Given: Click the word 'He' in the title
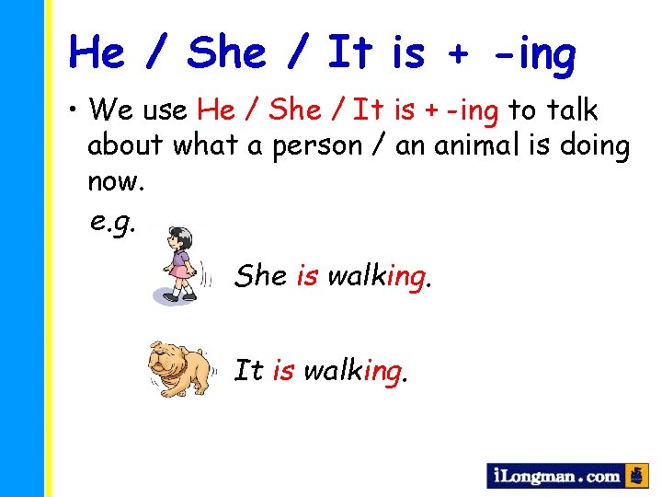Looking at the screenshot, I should pyautogui.click(x=98, y=52).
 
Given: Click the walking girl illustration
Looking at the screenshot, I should pyautogui.click(x=182, y=263).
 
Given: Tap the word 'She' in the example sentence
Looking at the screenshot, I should pyautogui.click(x=260, y=275).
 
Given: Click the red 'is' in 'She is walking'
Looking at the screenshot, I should pyautogui.click(x=307, y=275).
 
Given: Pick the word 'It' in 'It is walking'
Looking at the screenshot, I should pyautogui.click(x=248, y=371).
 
